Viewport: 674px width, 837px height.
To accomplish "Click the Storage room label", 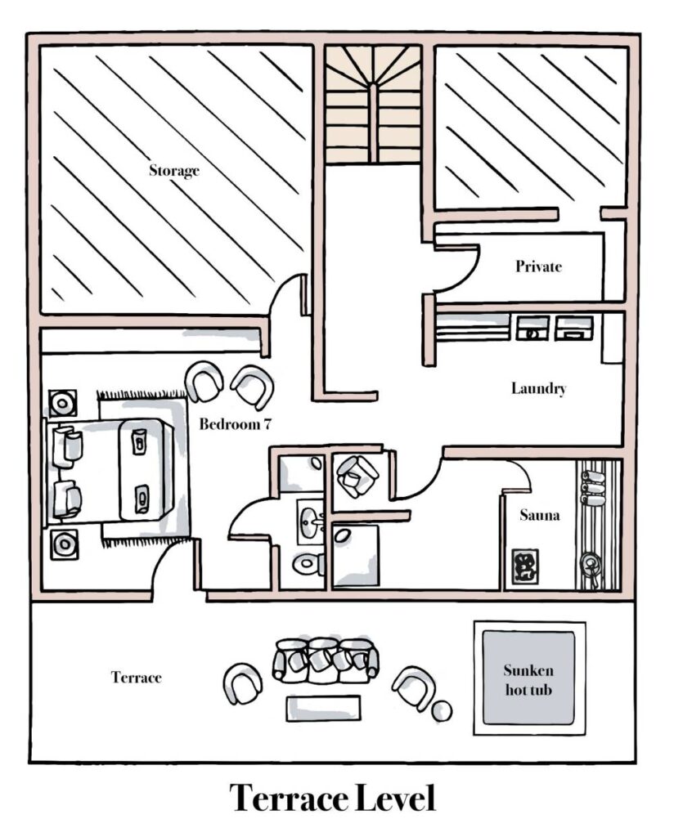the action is [174, 171].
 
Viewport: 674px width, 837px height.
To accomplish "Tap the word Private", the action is [538, 266].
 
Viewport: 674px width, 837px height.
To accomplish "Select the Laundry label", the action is [538, 388].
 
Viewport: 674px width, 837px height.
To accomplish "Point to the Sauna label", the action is [539, 515].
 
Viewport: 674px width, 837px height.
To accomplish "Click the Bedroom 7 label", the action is [235, 424].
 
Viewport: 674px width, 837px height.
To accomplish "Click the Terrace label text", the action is [136, 678].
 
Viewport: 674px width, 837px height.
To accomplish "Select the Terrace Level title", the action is [332, 798].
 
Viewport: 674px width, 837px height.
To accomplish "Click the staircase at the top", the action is [373, 104].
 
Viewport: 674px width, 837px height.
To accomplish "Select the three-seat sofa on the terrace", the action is [326, 660].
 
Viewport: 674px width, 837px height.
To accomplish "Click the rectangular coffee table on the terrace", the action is [323, 709].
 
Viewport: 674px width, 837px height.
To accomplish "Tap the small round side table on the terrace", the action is [442, 711].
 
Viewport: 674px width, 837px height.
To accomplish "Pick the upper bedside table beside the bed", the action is [63, 403].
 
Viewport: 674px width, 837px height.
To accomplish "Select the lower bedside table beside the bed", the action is [65, 544].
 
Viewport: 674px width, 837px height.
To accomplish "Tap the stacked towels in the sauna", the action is [593, 487].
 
